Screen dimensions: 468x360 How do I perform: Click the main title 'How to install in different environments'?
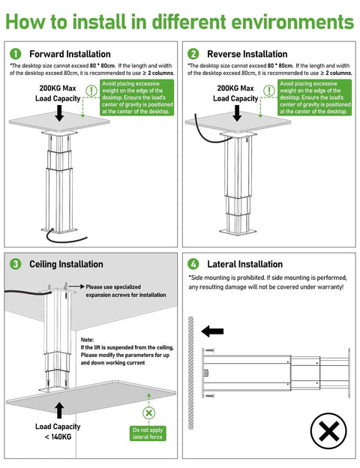point(180,20)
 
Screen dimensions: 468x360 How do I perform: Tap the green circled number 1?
point(16,54)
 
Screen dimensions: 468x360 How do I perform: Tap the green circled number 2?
point(193,54)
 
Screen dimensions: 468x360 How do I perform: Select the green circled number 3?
point(16,264)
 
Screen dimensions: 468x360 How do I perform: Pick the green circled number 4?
point(193,264)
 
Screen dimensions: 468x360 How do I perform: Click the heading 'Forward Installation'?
point(70,54)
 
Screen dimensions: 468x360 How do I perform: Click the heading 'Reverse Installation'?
point(247,54)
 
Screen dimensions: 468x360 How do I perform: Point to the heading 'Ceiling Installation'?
point(66,264)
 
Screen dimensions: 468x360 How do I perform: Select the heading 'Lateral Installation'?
point(244,264)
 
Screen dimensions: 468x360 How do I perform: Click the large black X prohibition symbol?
point(328,432)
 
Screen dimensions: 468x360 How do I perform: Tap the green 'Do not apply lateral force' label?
point(148,433)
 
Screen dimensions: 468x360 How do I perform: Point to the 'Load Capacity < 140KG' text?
point(57,432)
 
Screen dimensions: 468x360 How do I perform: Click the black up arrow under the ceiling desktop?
point(58,409)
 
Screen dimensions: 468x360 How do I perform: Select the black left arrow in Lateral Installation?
point(212,330)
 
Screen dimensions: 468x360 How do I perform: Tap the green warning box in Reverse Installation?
point(314,97)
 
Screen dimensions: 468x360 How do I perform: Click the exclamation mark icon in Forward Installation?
point(91,91)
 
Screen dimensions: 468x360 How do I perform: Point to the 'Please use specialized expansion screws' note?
point(125,291)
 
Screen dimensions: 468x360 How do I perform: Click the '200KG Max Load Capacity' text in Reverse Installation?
point(235,93)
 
